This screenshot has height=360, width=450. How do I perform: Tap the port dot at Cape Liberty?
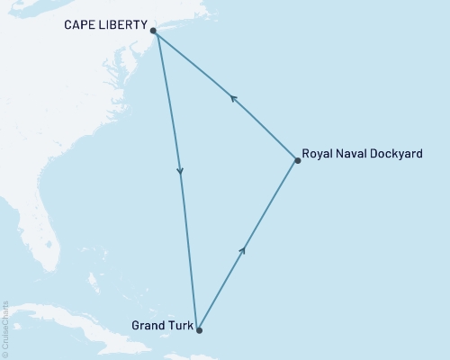(x=154, y=31)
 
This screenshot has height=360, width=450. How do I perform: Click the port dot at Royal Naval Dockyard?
(x=298, y=160)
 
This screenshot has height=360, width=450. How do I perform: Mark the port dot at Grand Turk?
(x=199, y=330)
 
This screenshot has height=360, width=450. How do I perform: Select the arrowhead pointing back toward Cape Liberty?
(x=233, y=100)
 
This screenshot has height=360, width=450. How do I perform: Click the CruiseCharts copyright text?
(x=5, y=329)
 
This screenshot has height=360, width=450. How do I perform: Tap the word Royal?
(x=318, y=154)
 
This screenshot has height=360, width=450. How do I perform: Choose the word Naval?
(x=354, y=154)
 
